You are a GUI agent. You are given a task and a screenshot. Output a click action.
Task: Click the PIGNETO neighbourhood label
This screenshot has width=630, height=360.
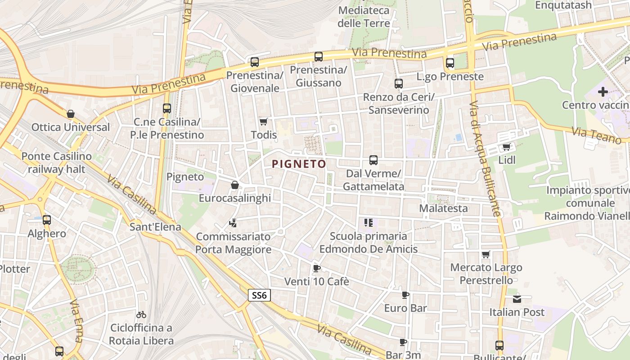pyautogui.click(x=299, y=164)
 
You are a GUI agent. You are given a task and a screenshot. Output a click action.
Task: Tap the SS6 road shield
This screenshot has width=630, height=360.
pyautogui.click(x=259, y=295)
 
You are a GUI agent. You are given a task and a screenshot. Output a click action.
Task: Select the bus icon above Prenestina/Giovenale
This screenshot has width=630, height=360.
pyautogui.click(x=255, y=62)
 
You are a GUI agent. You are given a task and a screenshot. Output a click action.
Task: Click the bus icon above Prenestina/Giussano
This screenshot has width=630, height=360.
pyautogui.click(x=319, y=57)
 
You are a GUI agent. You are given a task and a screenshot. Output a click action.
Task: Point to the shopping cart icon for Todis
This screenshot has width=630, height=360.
pyautogui.click(x=264, y=122)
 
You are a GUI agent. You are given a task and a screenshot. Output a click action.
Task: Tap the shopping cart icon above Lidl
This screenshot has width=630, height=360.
pyautogui.click(x=506, y=147)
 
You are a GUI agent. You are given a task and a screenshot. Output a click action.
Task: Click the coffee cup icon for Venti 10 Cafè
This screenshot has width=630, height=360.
pyautogui.click(x=316, y=268)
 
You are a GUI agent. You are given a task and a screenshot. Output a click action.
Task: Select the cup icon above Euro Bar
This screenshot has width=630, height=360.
pyautogui.click(x=405, y=295)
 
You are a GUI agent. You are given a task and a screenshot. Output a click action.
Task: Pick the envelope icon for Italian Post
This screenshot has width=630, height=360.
pyautogui.click(x=517, y=299)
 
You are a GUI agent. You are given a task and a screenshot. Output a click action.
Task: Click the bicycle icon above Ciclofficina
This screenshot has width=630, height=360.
pyautogui.click(x=141, y=314)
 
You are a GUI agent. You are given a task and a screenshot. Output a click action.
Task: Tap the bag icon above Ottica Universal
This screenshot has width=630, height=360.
pyautogui.click(x=70, y=114)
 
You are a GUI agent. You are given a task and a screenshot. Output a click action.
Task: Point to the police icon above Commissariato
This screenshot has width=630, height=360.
pyautogui.click(x=233, y=223)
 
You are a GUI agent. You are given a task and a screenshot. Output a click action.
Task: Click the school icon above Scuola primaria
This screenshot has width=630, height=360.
pyautogui.click(x=369, y=222)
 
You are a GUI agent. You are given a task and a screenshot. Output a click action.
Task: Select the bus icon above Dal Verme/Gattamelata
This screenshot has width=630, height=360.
pyautogui.click(x=373, y=160)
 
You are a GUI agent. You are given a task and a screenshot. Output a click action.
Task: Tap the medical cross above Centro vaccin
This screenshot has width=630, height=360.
pyautogui.click(x=603, y=92)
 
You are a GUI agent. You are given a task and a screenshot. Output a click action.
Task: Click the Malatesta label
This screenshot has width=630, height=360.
pyautogui.click(x=443, y=208)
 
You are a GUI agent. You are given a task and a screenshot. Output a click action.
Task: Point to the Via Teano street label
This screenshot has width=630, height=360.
pyautogui.click(x=596, y=135)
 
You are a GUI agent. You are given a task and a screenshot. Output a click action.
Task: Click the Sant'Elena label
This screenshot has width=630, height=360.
pyautogui.click(x=155, y=226)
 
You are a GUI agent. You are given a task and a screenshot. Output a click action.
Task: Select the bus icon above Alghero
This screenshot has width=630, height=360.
pyautogui.click(x=47, y=220)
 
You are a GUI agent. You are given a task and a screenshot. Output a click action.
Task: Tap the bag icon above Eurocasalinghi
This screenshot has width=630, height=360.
pyautogui.click(x=234, y=185)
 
